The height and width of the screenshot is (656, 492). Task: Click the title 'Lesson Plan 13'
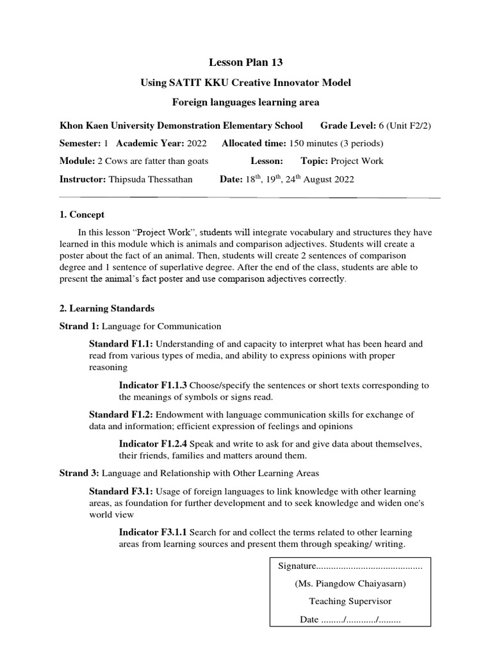(x=246, y=62)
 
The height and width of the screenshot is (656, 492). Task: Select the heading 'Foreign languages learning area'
(x=246, y=102)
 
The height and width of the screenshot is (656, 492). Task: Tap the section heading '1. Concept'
(x=82, y=215)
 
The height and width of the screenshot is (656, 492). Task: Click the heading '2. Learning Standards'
(x=106, y=308)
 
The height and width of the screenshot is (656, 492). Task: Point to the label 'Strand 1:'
(x=79, y=326)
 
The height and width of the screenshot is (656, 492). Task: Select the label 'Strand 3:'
(x=79, y=473)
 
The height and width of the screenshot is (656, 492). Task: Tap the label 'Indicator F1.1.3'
(x=152, y=385)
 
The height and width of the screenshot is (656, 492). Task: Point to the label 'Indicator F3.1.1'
(x=152, y=532)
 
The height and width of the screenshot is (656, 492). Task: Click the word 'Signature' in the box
(x=297, y=566)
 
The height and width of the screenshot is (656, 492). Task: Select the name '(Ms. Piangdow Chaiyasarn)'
(x=350, y=584)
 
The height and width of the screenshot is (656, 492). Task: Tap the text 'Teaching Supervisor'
(x=350, y=602)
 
